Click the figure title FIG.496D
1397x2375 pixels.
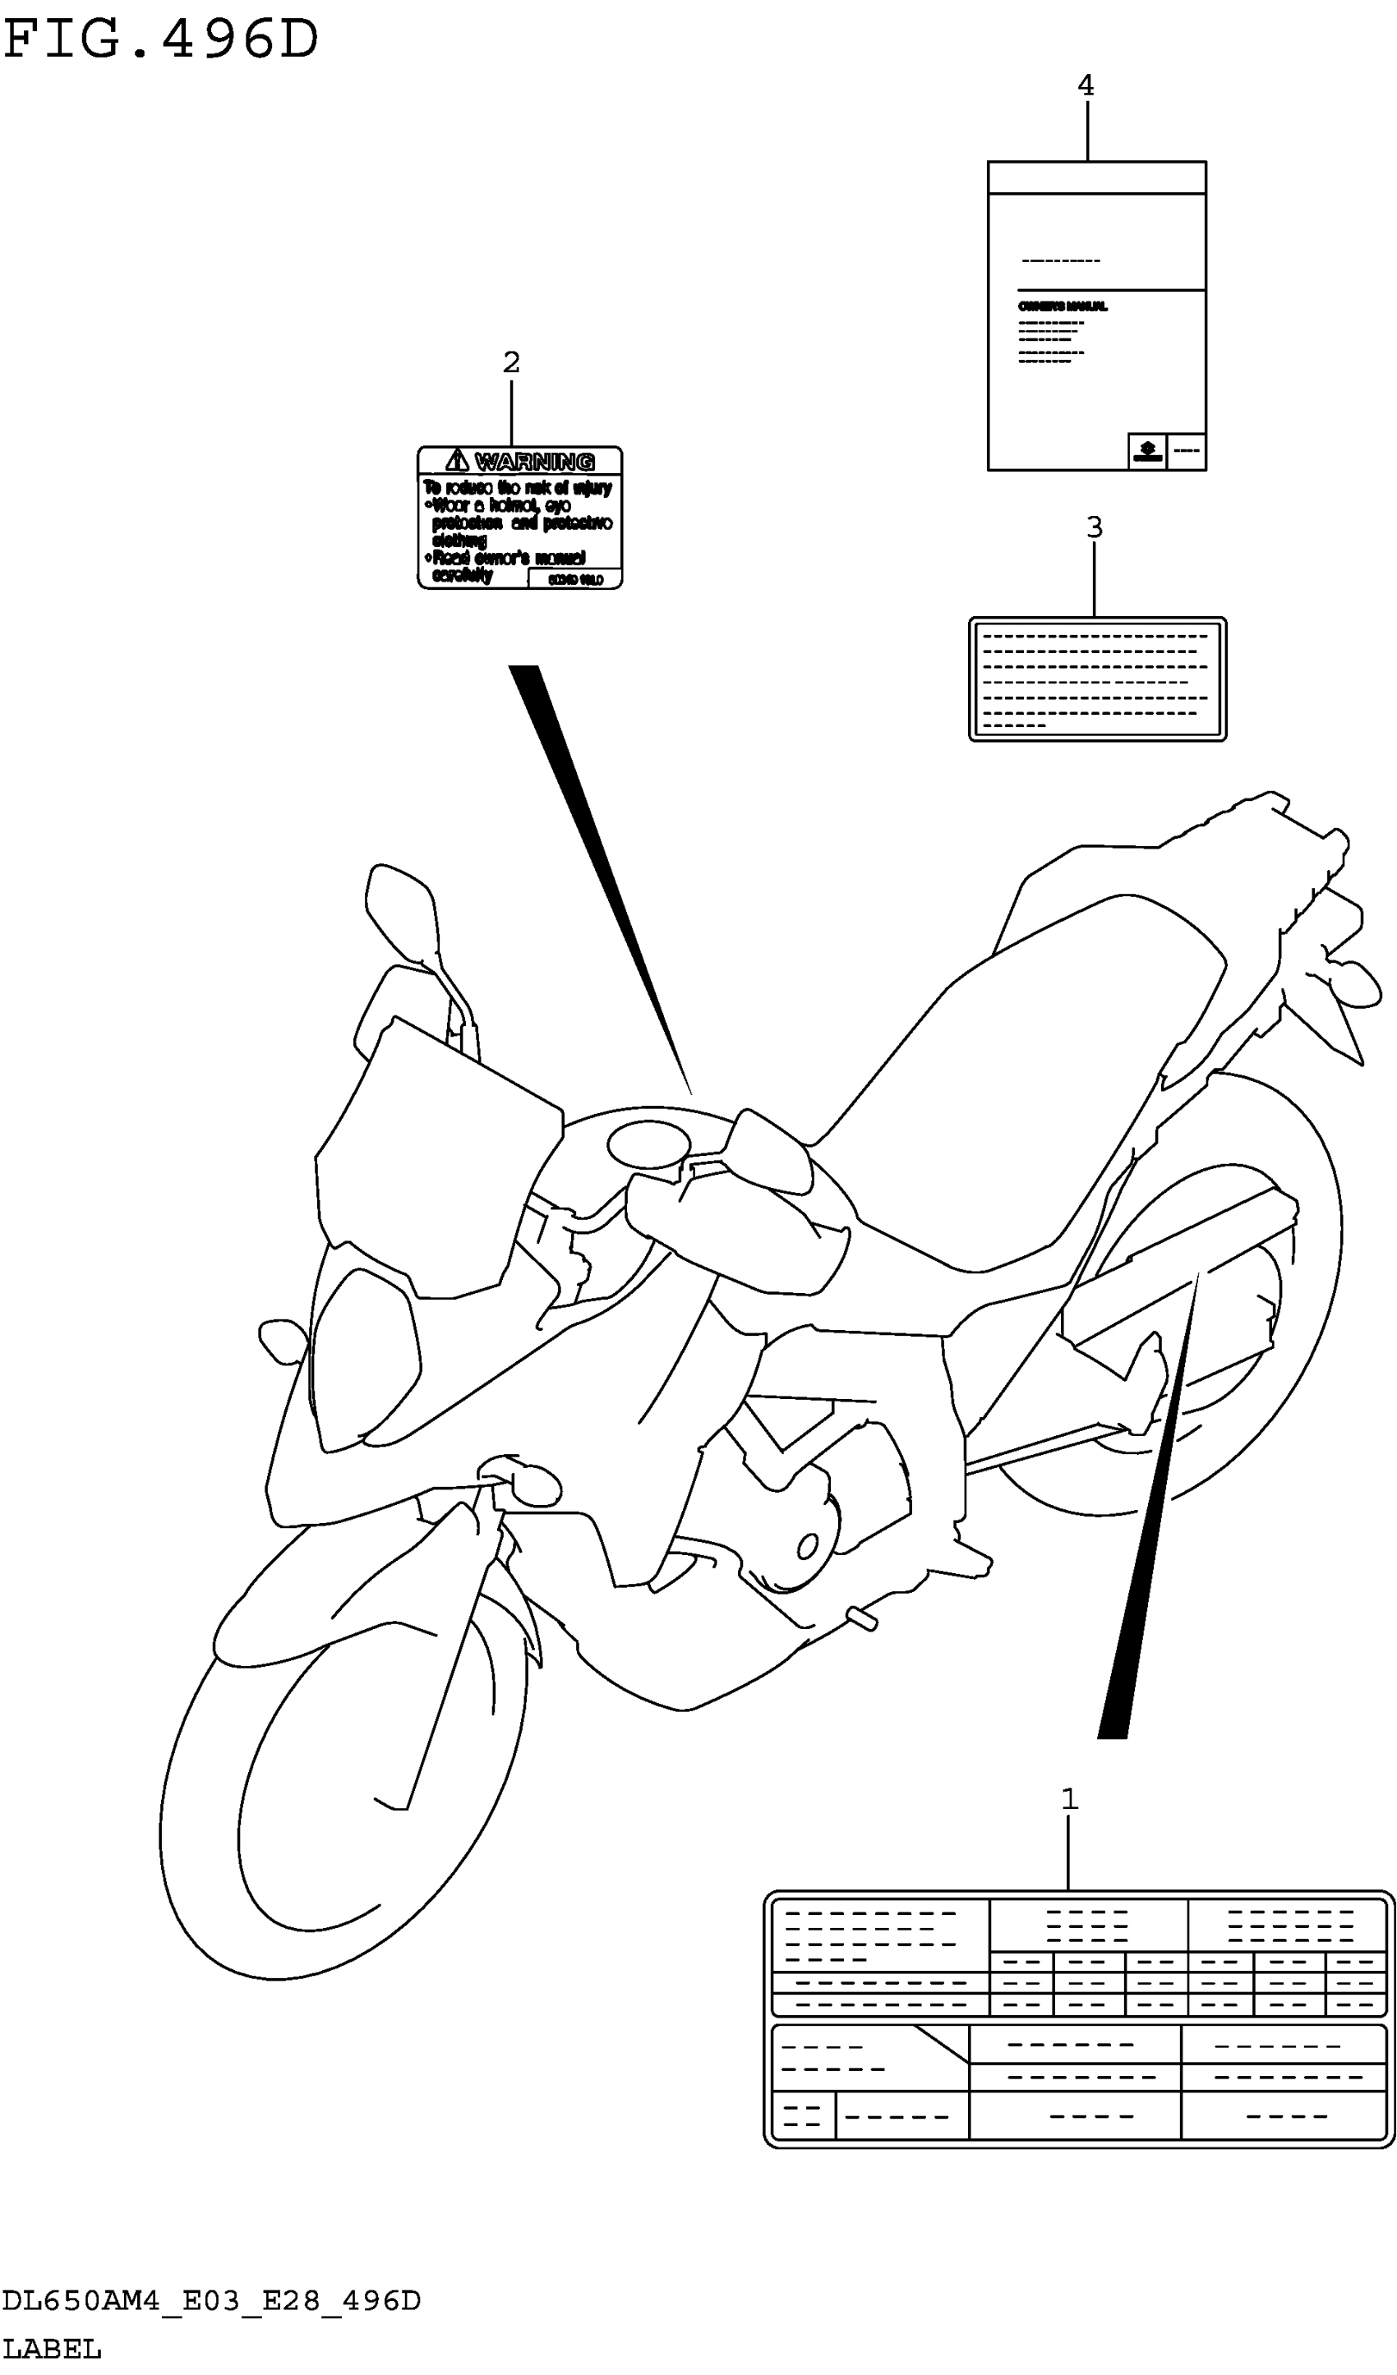coord(160,41)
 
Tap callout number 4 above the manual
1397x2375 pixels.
coord(1086,85)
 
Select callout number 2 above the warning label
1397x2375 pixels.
coord(511,362)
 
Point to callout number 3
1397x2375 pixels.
coord(1094,527)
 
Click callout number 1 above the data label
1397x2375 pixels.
coord(1069,1799)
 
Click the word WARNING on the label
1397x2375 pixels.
coord(534,462)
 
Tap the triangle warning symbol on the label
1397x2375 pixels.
coord(457,461)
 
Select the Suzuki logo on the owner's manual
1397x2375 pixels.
coord(1147,452)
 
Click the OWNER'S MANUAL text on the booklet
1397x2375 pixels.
coord(1063,307)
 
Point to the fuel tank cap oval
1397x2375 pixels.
coord(648,1145)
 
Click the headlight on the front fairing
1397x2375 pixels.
coord(363,1357)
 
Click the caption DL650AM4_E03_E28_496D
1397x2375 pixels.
coord(211,2300)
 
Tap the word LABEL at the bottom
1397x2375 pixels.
coord(51,2349)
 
